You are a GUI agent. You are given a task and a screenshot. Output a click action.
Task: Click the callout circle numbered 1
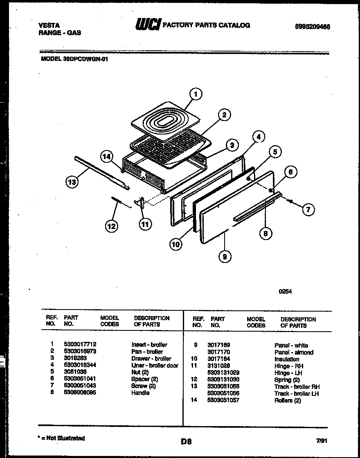click(196, 95)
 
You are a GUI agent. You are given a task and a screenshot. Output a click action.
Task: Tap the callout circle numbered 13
click(72, 183)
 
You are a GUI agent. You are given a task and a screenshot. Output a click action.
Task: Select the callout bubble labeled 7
click(308, 210)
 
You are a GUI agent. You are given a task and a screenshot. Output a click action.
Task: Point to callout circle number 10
click(175, 244)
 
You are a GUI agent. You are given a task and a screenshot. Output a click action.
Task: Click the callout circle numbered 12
click(111, 226)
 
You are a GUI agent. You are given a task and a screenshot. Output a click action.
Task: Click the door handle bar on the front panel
click(257, 207)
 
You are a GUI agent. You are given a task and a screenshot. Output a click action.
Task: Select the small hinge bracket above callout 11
click(141, 203)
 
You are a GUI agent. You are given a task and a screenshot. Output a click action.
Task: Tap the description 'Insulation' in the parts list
click(286, 359)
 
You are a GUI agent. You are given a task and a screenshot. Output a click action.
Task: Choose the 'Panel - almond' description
click(294, 352)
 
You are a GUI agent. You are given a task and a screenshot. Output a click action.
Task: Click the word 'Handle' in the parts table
click(140, 393)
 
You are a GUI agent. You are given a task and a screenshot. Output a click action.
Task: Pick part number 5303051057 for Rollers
click(223, 400)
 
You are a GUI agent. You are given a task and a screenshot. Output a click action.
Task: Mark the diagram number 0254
click(285, 292)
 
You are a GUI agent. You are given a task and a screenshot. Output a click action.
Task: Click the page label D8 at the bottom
click(186, 441)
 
